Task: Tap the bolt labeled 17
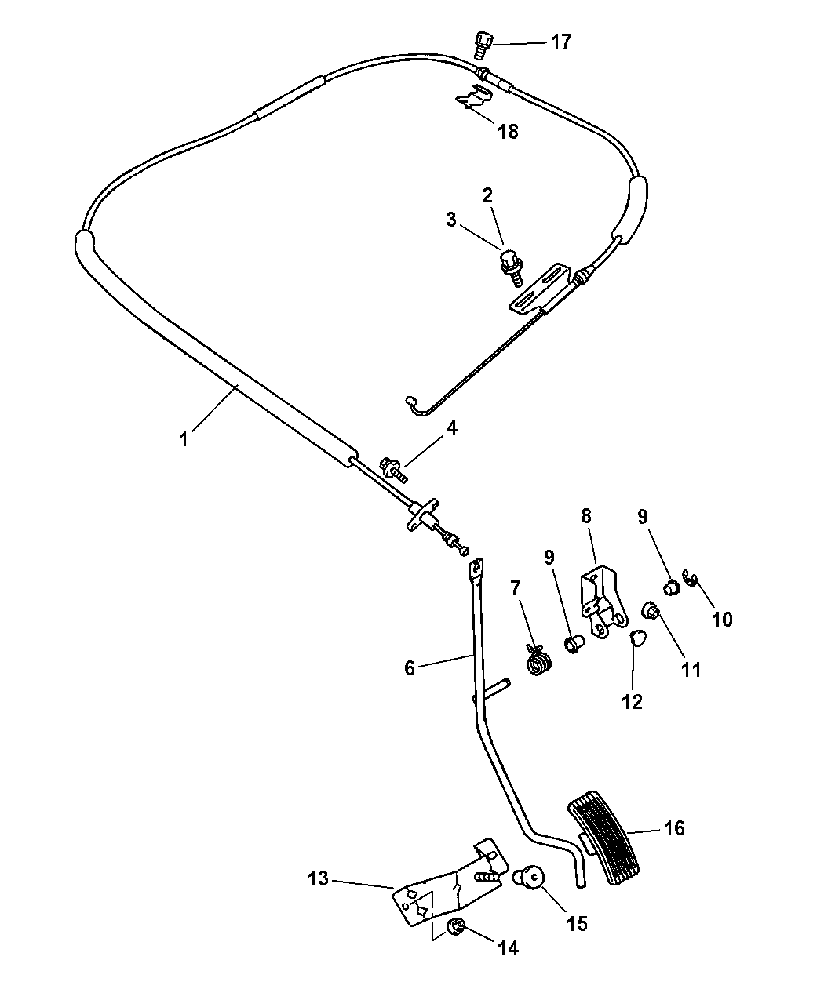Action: pos(482,43)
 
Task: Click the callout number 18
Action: pos(508,131)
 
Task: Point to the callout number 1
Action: pos(183,439)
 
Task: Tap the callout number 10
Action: pos(722,619)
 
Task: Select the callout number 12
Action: pos(632,701)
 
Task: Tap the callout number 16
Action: pos(674,827)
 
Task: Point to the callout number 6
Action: pos(409,667)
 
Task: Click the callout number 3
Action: pos(451,220)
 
